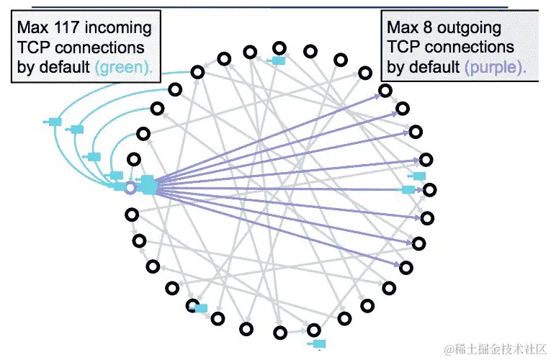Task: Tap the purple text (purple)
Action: click(495, 68)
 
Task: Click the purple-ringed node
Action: click(130, 188)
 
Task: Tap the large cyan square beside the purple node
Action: click(148, 185)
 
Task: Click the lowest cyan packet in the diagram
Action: click(319, 343)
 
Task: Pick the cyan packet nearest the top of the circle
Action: click(278, 61)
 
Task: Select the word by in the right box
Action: click(396, 68)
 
